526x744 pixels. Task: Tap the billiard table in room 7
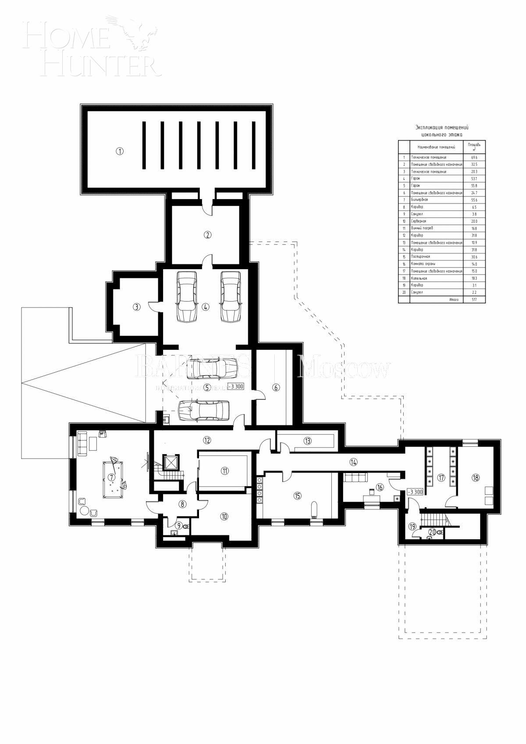(112, 479)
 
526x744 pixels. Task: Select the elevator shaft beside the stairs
(170, 462)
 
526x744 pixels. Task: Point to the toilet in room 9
(186, 526)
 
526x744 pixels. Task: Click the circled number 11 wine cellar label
(224, 471)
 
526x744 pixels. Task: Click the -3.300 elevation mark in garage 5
(235, 387)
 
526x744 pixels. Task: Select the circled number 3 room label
(137, 307)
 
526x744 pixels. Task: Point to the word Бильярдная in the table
(419, 199)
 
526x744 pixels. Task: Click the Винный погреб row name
(422, 228)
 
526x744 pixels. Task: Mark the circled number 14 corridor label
(354, 461)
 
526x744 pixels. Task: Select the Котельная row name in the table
(419, 278)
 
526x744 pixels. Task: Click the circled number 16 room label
(380, 487)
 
